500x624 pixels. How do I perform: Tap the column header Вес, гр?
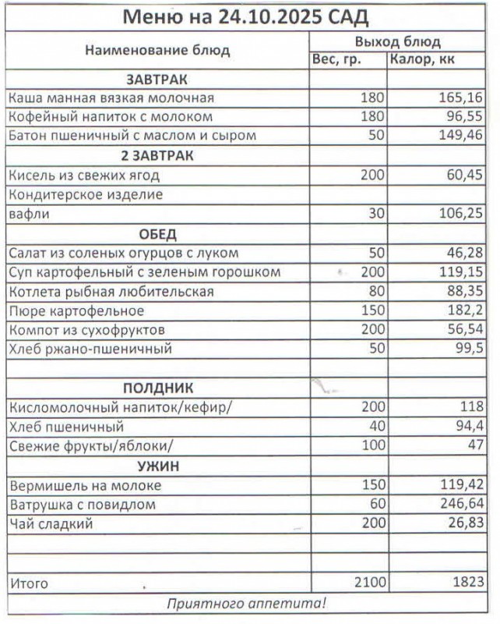(x=336, y=59)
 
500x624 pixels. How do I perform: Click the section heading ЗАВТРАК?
(x=157, y=79)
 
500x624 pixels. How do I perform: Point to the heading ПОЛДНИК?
(x=157, y=388)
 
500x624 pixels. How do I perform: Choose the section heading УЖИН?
(x=157, y=466)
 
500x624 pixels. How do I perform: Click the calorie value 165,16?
(x=462, y=98)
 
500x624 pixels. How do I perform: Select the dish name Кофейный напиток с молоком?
(x=110, y=117)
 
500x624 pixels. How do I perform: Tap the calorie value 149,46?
(x=462, y=136)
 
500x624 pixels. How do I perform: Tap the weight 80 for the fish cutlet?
(x=377, y=292)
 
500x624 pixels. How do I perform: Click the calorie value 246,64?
(x=462, y=505)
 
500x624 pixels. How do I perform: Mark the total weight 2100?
(x=369, y=583)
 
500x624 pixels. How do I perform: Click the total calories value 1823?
(x=467, y=583)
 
